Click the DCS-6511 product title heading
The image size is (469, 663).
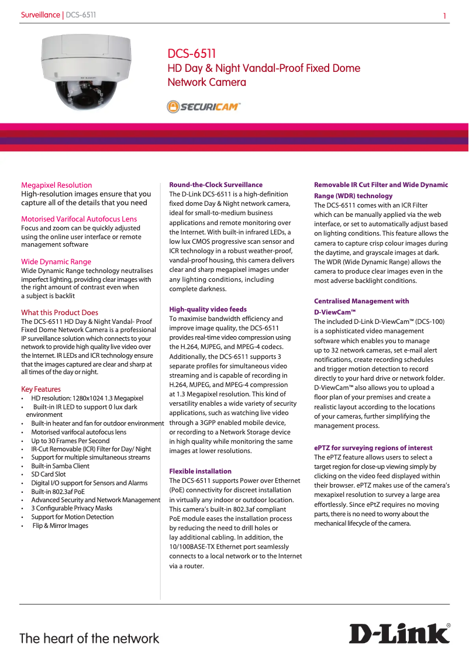pyautogui.click(x=192, y=54)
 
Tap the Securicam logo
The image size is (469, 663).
pyautogui.click(x=203, y=106)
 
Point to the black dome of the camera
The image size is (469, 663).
pyautogui.click(x=81, y=93)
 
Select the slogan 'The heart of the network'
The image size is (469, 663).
pyautogui.click(x=89, y=638)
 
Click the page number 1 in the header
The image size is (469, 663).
pyautogui.click(x=444, y=16)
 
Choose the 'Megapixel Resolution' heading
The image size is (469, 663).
pyautogui.click(x=56, y=185)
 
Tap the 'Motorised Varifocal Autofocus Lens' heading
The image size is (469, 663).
pyautogui.click(x=79, y=219)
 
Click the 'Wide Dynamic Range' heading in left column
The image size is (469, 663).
pyautogui.click(x=56, y=262)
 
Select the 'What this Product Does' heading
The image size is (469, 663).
pyautogui.click(x=60, y=312)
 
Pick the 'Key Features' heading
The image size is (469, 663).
pyautogui.click(x=40, y=389)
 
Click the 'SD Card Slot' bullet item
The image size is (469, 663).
pyautogui.click(x=49, y=474)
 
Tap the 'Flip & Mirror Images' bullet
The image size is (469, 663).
pyautogui.click(x=60, y=526)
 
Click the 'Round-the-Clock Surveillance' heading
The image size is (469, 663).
pyautogui.click(x=216, y=185)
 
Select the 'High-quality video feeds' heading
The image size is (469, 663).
pyautogui.click(x=208, y=309)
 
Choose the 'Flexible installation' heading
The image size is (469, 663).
pyautogui.click(x=200, y=471)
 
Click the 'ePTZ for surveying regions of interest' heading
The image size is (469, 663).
pyautogui.click(x=373, y=448)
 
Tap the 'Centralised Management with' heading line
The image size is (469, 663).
pyautogui.click(x=361, y=301)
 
